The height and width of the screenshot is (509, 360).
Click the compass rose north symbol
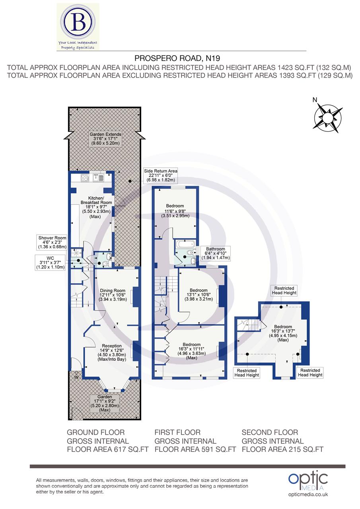[328, 117]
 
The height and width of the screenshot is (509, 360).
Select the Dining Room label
[113, 295]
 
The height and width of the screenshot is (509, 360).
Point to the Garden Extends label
[105, 139]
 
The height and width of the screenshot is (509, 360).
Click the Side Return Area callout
[161, 175]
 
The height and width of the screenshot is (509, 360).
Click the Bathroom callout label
[216, 253]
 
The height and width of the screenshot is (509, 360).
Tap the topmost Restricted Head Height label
[284, 291]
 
